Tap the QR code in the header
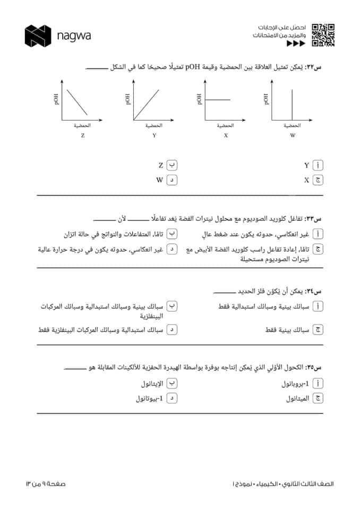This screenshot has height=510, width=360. click(323, 35)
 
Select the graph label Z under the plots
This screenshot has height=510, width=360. click(82, 136)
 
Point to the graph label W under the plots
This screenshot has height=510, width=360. click(293, 136)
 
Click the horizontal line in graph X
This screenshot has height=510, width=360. click(218, 99)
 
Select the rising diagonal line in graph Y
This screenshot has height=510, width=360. click(147, 104)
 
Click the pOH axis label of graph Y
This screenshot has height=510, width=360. click(128, 99)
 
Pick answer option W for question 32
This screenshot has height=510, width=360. click(159, 180)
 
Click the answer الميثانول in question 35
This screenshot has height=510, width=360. click(296, 398)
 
